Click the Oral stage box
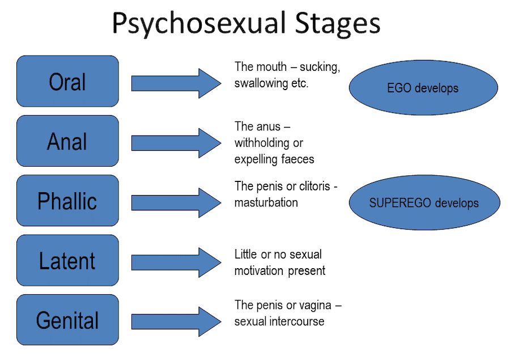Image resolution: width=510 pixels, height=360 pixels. pos(67,81)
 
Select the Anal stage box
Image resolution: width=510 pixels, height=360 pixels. pos(67,141)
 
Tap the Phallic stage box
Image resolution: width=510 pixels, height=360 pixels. pos(67,201)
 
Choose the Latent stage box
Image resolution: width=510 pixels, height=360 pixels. pos(67,260)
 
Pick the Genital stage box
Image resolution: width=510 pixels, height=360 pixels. pos(67,320)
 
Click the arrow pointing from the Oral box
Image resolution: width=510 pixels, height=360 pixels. pos(176,83)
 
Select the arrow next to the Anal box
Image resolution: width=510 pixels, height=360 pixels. pos(176,143)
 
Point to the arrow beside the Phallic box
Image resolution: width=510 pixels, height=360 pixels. pos(176,202)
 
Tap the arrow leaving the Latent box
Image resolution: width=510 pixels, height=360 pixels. pos(176,262)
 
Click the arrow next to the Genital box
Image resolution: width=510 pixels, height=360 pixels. pos(176,322)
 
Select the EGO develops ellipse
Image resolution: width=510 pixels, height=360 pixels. pos(423,88)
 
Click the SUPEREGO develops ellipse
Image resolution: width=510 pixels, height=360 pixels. pos(424,203)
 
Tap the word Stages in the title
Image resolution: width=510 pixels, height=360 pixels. pos(339,24)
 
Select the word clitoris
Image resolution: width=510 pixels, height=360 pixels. pos(311,187)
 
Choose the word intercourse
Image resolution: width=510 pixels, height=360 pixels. pos(296,321)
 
